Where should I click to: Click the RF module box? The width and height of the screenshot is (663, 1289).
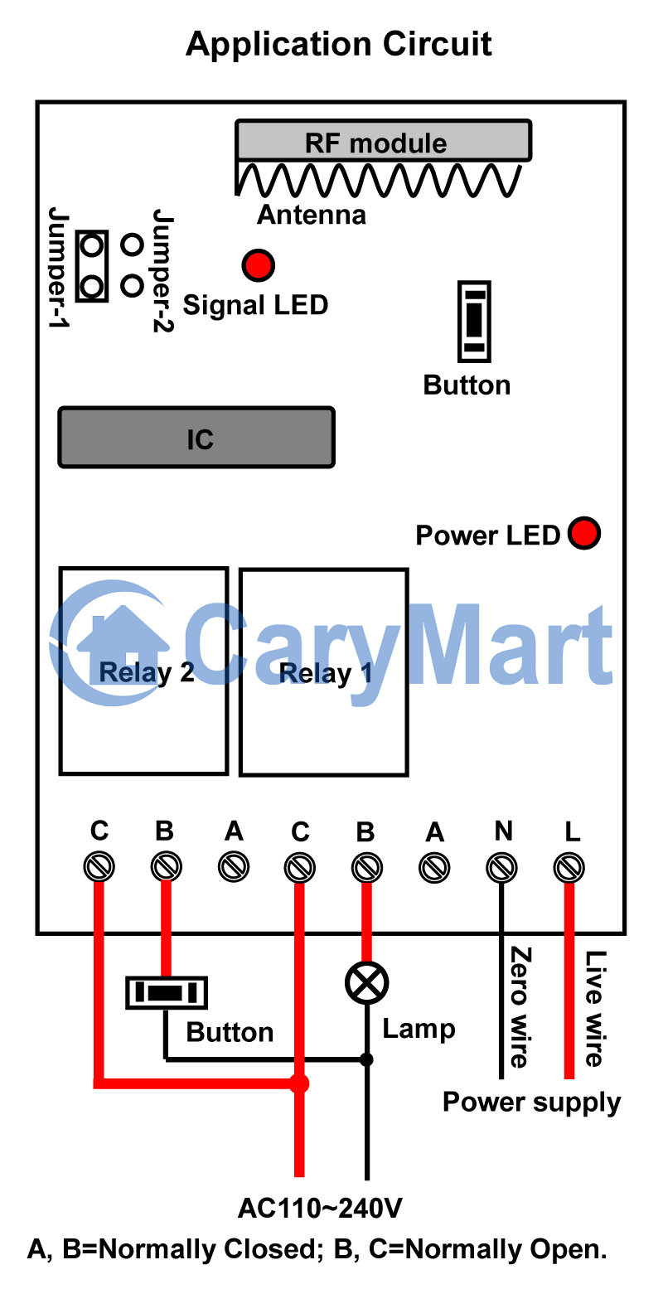(x=383, y=142)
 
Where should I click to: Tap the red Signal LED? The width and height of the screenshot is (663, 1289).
(x=258, y=265)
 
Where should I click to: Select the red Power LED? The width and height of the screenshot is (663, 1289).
(x=584, y=533)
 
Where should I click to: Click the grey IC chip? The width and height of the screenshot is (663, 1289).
(x=196, y=437)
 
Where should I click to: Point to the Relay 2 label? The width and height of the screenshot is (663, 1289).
(x=147, y=671)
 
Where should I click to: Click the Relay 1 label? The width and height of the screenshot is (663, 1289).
(x=326, y=673)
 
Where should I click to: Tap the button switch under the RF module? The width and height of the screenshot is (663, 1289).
(x=474, y=321)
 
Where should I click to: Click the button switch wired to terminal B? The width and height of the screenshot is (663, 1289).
(x=166, y=992)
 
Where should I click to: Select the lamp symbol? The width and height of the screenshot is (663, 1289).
(x=366, y=983)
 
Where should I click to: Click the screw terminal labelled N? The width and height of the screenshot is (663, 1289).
(x=501, y=868)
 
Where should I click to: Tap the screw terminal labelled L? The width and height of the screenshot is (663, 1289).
(x=569, y=868)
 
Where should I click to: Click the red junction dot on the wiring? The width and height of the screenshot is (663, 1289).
(x=299, y=1083)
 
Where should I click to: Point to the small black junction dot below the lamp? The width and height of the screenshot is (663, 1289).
(x=366, y=1059)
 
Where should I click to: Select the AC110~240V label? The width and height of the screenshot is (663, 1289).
(x=320, y=1208)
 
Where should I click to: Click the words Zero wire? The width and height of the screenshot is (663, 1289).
(x=520, y=1006)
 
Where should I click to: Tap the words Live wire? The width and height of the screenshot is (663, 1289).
(x=594, y=1007)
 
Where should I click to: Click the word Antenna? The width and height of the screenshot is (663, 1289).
(x=312, y=215)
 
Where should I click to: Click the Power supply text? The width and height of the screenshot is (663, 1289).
(x=531, y=1102)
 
